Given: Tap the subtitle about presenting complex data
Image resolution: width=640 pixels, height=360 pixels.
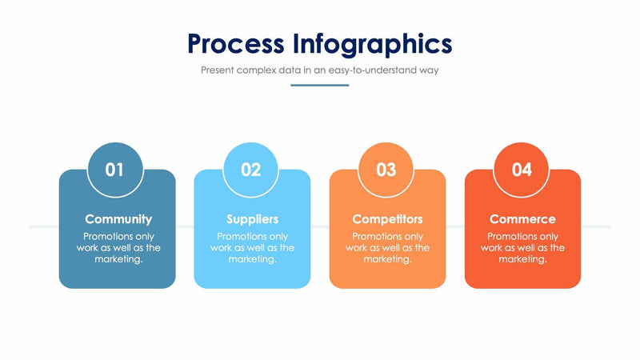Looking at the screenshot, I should [319, 70].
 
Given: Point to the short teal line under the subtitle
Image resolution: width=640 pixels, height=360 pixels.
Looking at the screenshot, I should [319, 85].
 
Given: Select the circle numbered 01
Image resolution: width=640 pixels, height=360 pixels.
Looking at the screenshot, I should [115, 170].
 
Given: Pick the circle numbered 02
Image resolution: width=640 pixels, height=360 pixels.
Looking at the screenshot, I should [251, 170].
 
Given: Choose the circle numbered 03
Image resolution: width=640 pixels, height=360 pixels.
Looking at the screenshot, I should [386, 170].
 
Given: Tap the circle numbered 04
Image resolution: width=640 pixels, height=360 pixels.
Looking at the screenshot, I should [522, 170].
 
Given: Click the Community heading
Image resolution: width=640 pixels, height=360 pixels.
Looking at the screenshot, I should [118, 218].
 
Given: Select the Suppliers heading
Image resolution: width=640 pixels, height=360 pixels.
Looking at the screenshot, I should [252, 218].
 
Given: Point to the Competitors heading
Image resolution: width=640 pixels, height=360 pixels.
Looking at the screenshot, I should [387, 218].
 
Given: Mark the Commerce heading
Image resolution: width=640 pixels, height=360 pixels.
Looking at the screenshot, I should [522, 218].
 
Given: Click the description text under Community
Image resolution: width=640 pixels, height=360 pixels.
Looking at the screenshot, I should [118, 248].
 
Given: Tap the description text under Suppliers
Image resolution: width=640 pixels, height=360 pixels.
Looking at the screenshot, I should [252, 248].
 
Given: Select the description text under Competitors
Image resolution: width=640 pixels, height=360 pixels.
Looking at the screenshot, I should [387, 248].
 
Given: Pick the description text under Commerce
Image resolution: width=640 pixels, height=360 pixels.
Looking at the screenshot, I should [522, 248].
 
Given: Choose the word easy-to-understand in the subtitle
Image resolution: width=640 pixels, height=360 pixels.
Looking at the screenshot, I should [381, 70].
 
